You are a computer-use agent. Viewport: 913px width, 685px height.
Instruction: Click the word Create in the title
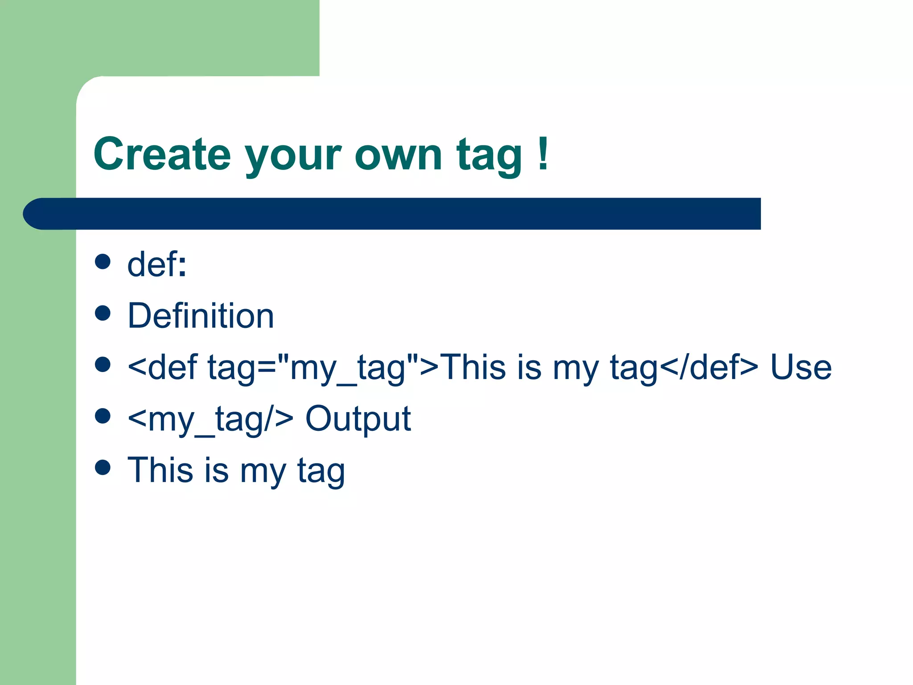162,154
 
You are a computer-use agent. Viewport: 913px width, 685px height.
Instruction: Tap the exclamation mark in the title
543,154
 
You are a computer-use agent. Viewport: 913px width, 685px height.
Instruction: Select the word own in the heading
398,154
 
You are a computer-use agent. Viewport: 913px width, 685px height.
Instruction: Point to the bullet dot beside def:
103,262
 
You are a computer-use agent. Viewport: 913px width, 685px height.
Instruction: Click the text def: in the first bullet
156,264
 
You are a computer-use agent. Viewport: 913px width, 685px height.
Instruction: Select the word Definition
201,316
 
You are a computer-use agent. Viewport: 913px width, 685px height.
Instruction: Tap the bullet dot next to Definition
103,313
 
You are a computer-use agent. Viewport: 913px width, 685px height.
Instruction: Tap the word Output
358,419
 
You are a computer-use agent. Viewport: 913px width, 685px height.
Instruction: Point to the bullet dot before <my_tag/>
103,416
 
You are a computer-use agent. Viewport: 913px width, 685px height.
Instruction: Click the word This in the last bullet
160,470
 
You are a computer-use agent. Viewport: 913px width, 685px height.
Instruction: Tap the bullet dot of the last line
103,467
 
